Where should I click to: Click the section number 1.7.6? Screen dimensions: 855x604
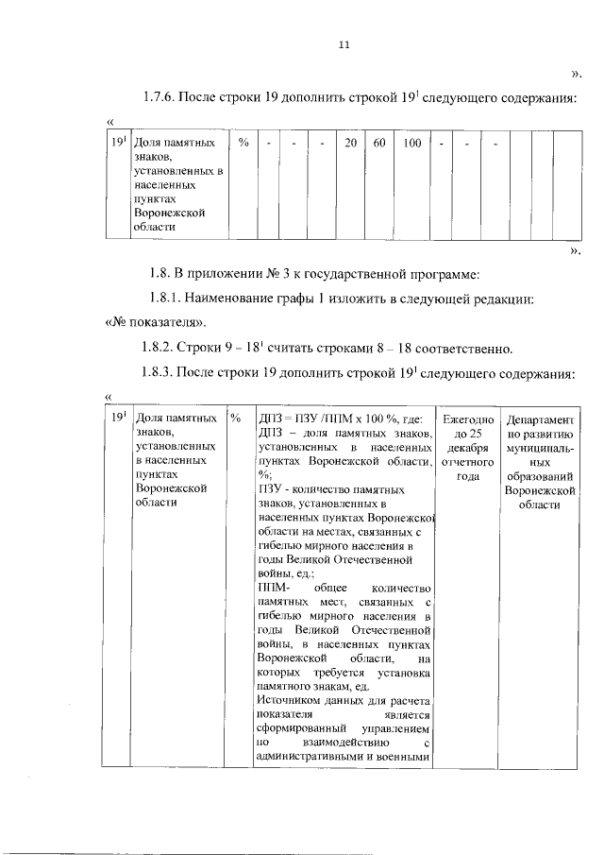pyautogui.click(x=160, y=96)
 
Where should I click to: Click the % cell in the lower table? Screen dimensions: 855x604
pyautogui.click(x=236, y=418)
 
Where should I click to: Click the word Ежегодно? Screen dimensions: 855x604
pyautogui.click(x=469, y=418)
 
